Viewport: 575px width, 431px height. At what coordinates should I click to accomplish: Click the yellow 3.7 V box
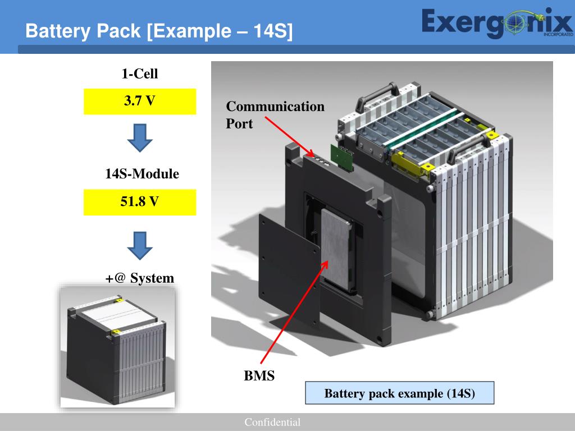[x=140, y=102]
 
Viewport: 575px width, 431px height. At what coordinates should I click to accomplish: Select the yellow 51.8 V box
[x=140, y=202]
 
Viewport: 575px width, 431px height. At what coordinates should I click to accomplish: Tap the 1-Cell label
[x=140, y=74]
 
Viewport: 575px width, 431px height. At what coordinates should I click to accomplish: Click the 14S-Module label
[x=142, y=174]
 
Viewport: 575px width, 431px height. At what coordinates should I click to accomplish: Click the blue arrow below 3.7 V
[x=140, y=137]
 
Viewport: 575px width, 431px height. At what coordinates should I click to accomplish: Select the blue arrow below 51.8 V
[x=140, y=244]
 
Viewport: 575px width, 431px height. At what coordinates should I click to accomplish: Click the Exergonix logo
[x=496, y=24]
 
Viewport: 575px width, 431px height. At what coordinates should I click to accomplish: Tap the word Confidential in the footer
[x=272, y=423]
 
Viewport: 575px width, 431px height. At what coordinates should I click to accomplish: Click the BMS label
[x=259, y=375]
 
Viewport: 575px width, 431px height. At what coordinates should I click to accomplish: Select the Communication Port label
[x=275, y=114]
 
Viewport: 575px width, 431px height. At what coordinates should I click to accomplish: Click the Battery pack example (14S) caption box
[x=399, y=393]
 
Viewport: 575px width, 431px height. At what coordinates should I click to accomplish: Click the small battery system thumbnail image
[x=117, y=346]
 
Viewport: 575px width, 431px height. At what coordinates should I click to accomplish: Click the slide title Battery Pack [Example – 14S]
[x=159, y=31]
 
